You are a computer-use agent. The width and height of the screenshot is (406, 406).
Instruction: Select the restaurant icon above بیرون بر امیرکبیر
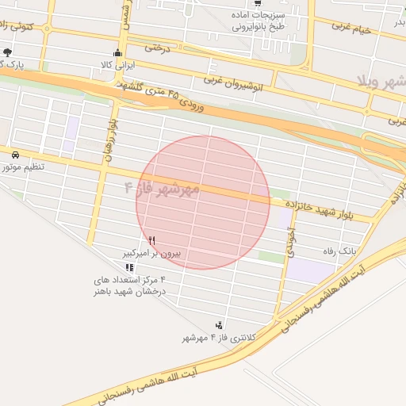[x=151, y=240]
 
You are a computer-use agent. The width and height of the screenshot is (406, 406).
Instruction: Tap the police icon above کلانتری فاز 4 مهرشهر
[x=219, y=325]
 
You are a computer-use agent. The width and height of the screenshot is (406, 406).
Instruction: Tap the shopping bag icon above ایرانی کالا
[x=119, y=53]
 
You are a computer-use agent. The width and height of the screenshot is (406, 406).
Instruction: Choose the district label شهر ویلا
[x=381, y=83]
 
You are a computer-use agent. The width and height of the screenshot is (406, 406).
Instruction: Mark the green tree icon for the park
[x=8, y=52]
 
